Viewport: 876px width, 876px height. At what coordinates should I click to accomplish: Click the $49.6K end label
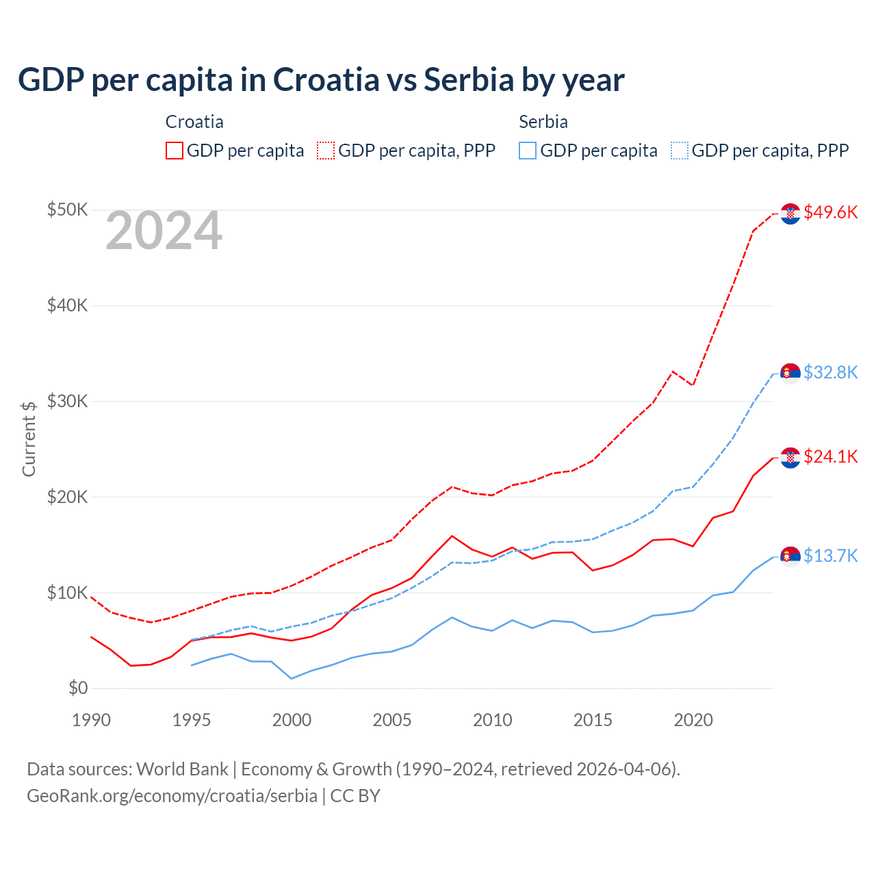click(x=830, y=213)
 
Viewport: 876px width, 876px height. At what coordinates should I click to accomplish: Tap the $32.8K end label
click(x=830, y=372)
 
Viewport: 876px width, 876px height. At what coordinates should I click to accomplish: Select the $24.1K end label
click(x=830, y=456)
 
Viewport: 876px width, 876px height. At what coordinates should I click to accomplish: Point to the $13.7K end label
click(x=830, y=556)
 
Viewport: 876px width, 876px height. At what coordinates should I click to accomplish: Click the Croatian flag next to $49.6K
click(x=790, y=214)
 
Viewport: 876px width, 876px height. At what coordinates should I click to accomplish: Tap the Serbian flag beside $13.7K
click(x=790, y=556)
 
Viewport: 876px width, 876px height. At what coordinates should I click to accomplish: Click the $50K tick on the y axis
click(x=67, y=209)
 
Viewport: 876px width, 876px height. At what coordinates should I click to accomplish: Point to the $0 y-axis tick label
click(x=78, y=688)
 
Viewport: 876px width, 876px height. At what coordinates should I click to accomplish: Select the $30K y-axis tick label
click(x=67, y=401)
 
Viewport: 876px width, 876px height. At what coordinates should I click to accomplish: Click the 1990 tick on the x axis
click(x=91, y=720)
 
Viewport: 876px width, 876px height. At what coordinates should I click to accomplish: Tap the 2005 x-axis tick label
click(x=392, y=720)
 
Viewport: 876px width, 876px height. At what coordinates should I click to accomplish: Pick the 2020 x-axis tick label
click(x=693, y=720)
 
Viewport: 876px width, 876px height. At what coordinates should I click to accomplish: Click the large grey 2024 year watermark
click(x=164, y=231)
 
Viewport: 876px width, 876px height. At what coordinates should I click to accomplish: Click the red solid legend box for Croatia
click(x=175, y=151)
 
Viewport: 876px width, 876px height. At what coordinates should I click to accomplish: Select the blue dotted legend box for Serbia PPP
click(x=680, y=151)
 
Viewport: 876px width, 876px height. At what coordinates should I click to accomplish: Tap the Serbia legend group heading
click(x=543, y=122)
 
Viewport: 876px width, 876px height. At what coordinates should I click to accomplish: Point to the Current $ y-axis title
click(x=29, y=439)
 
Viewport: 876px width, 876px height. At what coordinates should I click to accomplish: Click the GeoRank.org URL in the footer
click(x=172, y=796)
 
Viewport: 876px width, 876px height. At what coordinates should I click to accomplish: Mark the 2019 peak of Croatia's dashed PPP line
click(x=673, y=372)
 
